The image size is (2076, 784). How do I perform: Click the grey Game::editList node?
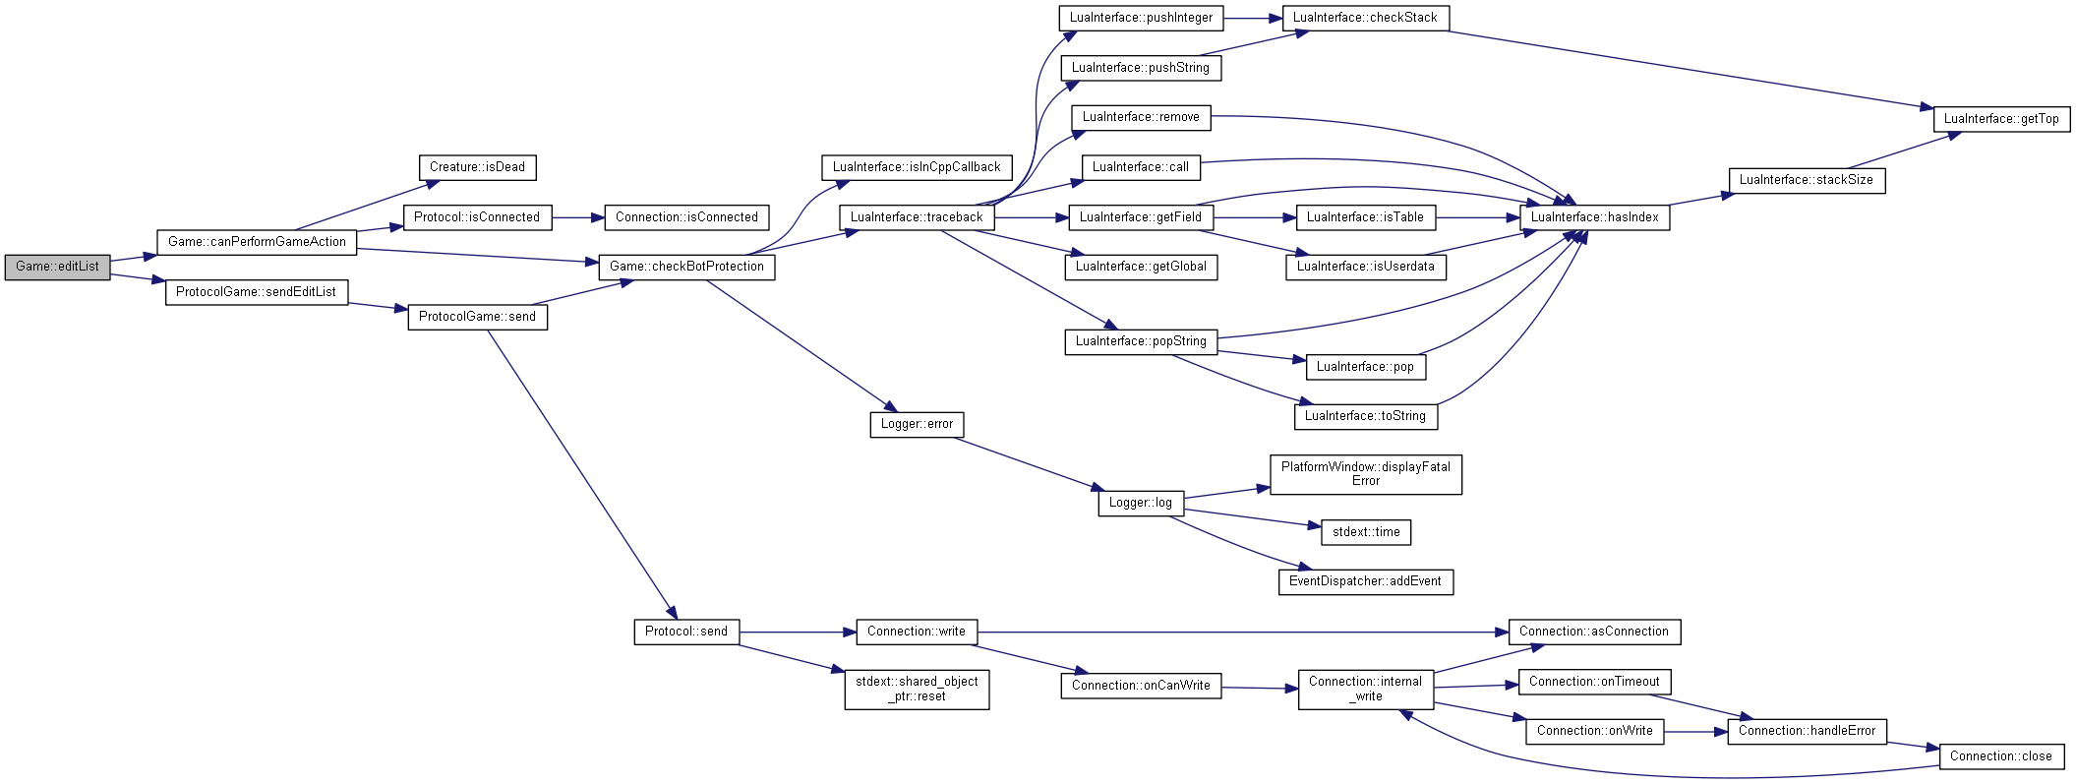(x=57, y=267)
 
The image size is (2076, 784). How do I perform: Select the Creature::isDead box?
(x=477, y=167)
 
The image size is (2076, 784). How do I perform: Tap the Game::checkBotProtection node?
(x=686, y=267)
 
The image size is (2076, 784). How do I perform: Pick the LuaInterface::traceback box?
(x=917, y=217)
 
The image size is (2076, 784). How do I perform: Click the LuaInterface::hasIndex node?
(x=1594, y=217)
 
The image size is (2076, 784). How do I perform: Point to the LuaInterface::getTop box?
(x=2001, y=119)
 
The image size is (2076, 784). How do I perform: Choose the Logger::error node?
(x=917, y=424)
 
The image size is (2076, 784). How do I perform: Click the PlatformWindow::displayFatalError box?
(x=1365, y=474)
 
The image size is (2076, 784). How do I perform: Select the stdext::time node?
(x=1366, y=532)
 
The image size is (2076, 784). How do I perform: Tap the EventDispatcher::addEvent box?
(x=1365, y=581)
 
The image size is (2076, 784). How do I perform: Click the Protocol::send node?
(x=686, y=632)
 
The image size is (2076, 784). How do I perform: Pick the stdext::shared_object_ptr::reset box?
(x=917, y=689)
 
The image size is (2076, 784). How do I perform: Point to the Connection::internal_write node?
(x=1365, y=689)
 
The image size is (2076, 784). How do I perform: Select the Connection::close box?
(x=2001, y=756)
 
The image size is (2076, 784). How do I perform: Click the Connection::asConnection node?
(x=1594, y=632)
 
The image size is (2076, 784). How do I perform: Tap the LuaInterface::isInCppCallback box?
(x=917, y=167)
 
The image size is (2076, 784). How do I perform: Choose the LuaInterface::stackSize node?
(x=1807, y=180)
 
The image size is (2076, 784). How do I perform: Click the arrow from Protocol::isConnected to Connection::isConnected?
(x=578, y=217)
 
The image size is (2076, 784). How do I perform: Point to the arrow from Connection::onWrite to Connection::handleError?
(x=1695, y=732)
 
